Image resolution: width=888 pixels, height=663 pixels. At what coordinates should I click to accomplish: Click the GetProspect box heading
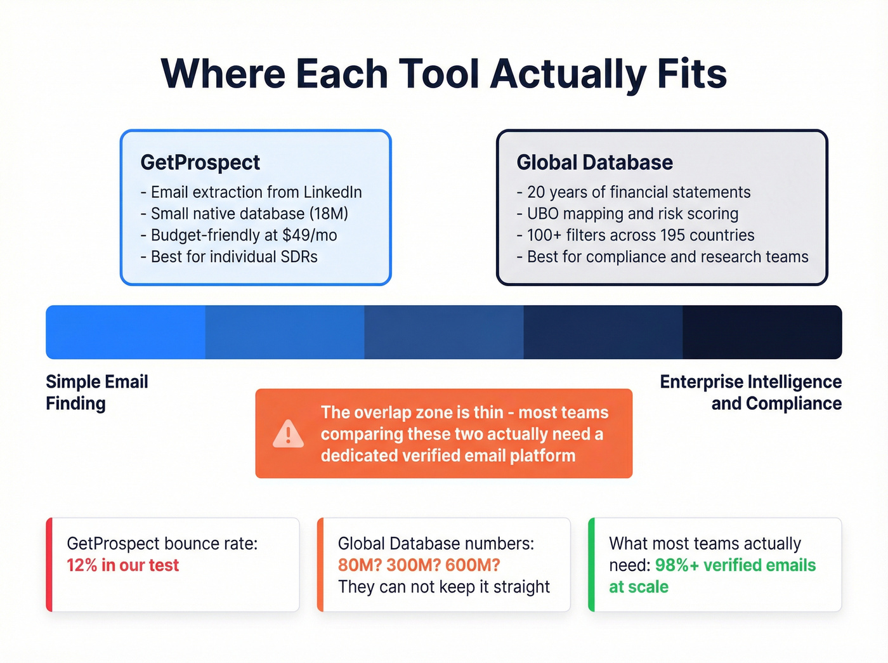(200, 162)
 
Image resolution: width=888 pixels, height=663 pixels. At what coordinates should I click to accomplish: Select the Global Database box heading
(594, 162)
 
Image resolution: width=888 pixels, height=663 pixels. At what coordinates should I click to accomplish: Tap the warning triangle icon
(289, 434)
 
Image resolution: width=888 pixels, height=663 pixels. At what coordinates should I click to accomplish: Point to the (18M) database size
(329, 214)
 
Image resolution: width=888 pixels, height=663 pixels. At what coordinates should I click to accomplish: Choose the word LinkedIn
(332, 192)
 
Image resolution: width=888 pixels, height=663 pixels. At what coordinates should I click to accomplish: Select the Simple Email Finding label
(96, 393)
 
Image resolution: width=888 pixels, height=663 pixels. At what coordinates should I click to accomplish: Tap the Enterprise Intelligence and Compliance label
(751, 393)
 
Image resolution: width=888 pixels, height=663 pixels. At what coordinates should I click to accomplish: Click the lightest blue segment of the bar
(126, 332)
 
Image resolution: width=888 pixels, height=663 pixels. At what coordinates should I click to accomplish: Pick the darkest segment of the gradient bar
(762, 332)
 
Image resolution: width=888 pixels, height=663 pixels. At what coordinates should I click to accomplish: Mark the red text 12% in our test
(123, 565)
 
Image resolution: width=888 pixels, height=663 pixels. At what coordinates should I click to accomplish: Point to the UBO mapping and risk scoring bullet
(632, 214)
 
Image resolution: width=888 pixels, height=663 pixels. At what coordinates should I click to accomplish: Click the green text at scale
(639, 587)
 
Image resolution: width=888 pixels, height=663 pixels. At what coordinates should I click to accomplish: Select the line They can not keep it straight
(444, 587)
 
